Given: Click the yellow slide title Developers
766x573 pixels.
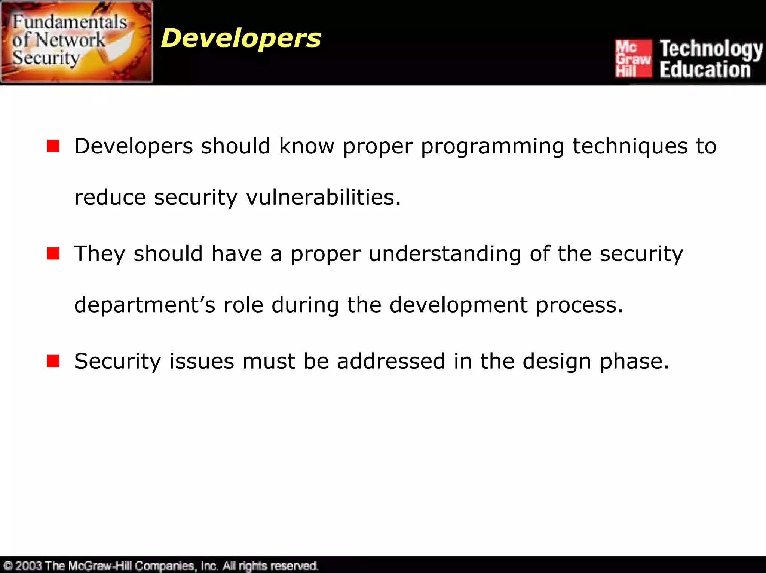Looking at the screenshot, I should [241, 38].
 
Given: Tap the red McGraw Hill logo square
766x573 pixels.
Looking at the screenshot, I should [633, 59].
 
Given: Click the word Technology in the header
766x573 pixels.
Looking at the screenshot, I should [711, 49].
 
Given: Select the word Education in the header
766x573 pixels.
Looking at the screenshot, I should [705, 70].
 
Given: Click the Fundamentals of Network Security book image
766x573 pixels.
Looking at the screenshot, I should [76, 42].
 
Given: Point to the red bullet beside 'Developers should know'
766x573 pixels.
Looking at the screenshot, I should [53, 146].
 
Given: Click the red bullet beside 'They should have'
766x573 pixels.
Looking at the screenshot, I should [53, 253].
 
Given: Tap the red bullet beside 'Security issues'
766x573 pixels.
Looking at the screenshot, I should [53, 361].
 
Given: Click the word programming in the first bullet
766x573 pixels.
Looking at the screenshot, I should [492, 146].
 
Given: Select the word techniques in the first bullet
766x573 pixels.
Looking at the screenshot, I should [630, 146].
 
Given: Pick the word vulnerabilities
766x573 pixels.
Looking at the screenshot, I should [323, 197].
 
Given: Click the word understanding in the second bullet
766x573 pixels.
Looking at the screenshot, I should [445, 254].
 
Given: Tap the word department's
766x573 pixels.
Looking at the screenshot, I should [145, 305].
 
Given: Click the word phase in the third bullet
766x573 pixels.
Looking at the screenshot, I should [634, 362].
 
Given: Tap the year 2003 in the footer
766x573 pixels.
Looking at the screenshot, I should [29, 566].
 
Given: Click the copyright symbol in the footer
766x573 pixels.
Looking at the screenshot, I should [8, 566].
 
